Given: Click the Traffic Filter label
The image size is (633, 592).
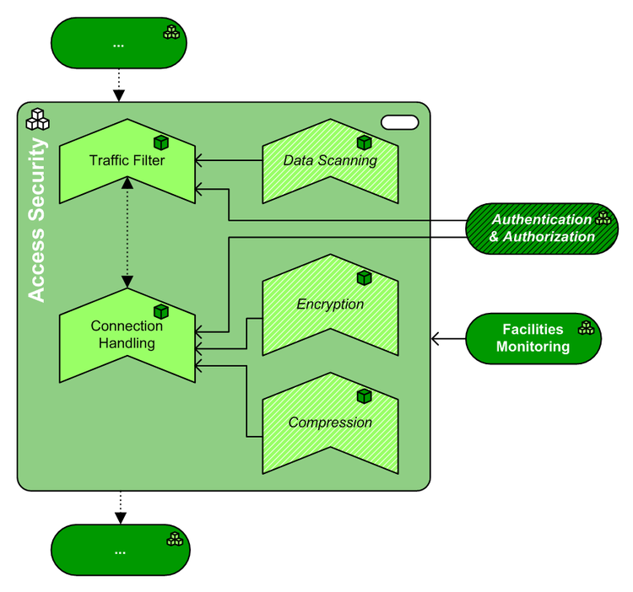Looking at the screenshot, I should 127,159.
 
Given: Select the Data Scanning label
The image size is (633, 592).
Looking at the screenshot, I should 330,160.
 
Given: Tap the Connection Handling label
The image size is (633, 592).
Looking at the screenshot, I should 127,335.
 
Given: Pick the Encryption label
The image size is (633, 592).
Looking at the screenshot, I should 330,304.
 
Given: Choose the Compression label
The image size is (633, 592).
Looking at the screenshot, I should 330,422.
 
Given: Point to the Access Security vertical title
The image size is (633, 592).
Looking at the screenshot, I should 38,219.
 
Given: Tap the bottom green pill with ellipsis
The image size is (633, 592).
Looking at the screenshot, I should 119,551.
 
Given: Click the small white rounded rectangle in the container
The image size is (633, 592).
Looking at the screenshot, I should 400,122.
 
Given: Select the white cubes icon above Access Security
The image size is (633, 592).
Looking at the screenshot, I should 37,120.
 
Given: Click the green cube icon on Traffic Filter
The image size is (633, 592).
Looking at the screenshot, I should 161,143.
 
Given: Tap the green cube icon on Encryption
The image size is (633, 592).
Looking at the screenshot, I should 364,277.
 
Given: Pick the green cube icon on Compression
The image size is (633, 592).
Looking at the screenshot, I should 364,396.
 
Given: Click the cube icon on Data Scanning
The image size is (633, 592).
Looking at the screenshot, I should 364,143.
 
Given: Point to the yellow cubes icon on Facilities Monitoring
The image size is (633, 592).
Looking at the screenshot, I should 585,327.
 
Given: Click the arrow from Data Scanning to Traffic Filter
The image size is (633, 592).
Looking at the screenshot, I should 228,159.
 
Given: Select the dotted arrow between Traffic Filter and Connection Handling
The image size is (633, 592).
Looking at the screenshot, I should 127,233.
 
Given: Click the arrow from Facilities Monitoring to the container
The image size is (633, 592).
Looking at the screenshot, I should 448,339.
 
